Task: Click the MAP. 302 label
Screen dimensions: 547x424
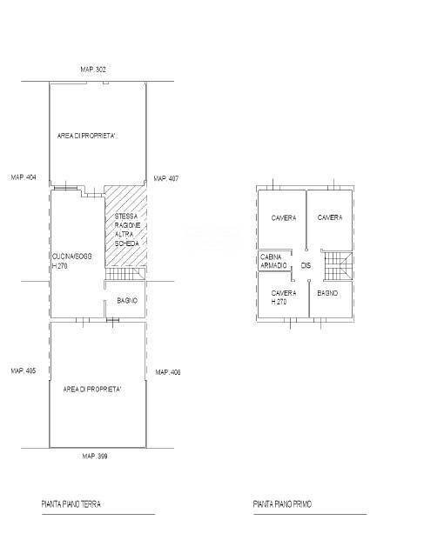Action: coord(98,69)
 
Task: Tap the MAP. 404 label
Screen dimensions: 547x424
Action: coord(24,177)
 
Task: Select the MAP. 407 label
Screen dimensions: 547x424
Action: coord(166,178)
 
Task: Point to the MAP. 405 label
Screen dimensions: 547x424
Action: coord(24,370)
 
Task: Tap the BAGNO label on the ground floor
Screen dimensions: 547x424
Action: coord(127,301)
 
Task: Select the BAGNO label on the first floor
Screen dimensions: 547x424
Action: coord(328,293)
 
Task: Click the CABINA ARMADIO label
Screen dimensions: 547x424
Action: coord(273,261)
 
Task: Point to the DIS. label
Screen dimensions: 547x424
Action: coord(306,265)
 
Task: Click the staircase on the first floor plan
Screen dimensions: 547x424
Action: coord(336,265)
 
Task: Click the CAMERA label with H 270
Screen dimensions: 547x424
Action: coord(283,297)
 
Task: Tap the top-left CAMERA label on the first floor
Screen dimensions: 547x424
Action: coord(284,217)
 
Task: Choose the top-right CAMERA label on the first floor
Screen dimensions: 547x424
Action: coord(329,217)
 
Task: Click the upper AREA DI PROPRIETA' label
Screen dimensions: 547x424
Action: coord(87,137)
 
